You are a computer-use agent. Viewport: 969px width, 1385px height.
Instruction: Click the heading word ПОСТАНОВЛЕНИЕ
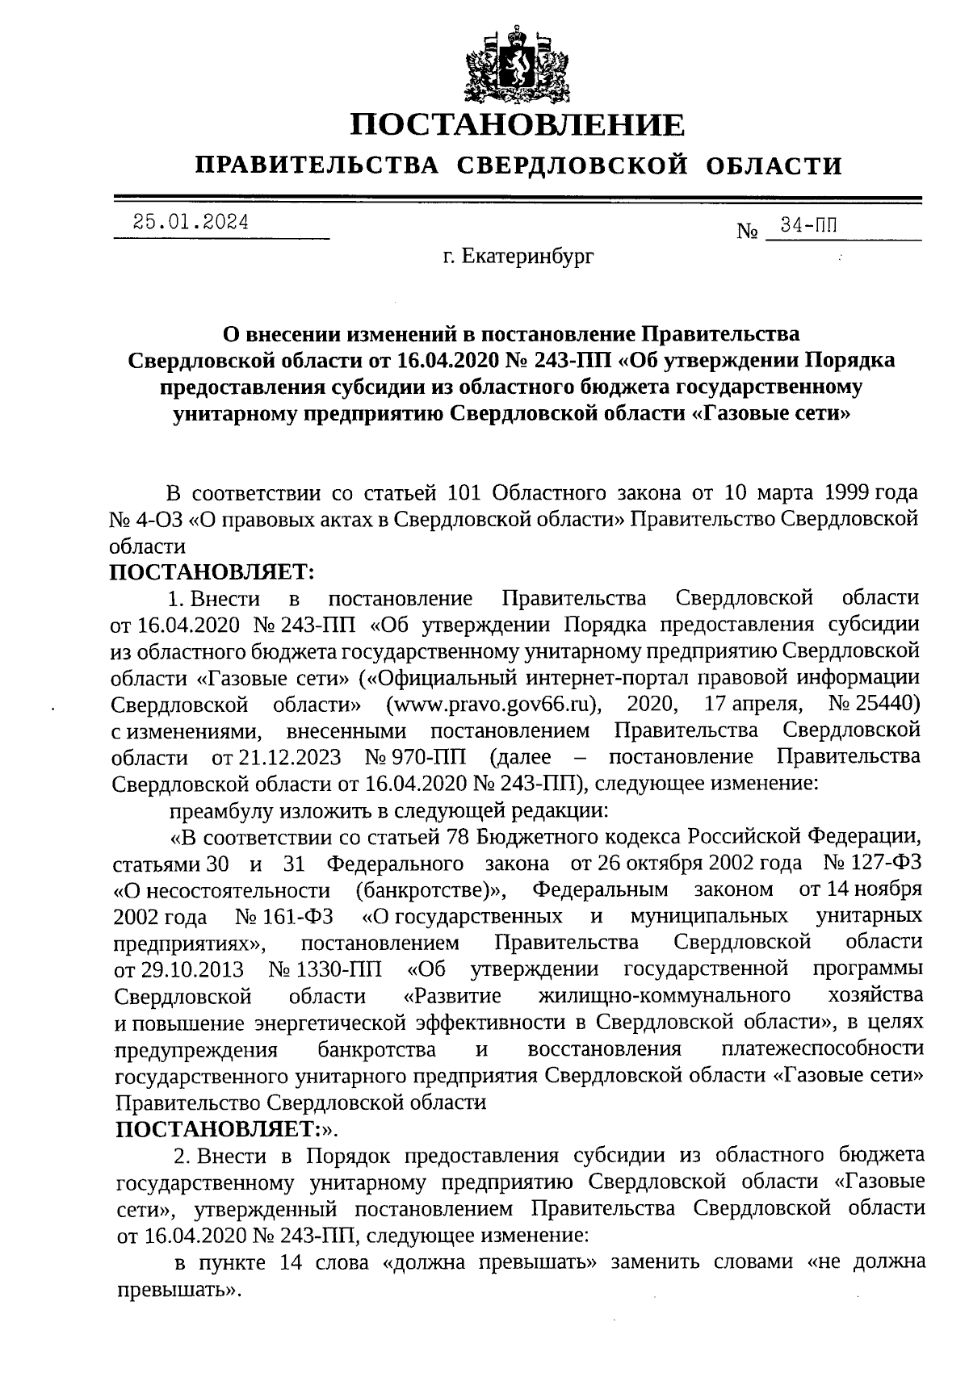[518, 126]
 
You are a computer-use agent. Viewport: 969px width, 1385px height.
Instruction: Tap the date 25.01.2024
[191, 222]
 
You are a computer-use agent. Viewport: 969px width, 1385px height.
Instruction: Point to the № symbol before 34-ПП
[748, 232]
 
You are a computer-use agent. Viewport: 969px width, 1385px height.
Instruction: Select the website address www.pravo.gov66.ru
[496, 705]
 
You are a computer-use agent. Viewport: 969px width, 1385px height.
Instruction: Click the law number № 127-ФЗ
[873, 864]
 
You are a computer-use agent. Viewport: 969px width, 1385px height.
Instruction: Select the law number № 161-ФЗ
[286, 917]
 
